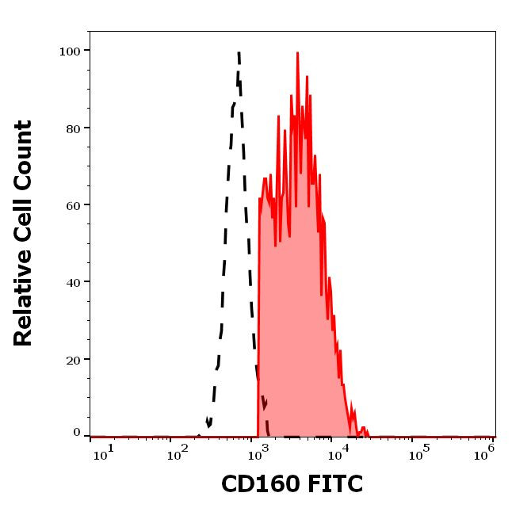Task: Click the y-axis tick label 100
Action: (70, 52)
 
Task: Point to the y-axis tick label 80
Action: (73, 128)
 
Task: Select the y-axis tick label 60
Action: (73, 205)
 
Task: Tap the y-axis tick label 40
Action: (73, 282)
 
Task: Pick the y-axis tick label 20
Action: (73, 360)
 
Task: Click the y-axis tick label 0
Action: (77, 433)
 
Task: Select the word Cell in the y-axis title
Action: (24, 223)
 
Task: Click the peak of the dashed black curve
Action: (238, 53)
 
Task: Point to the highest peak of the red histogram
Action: (297, 53)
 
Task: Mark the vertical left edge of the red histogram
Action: (258, 317)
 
